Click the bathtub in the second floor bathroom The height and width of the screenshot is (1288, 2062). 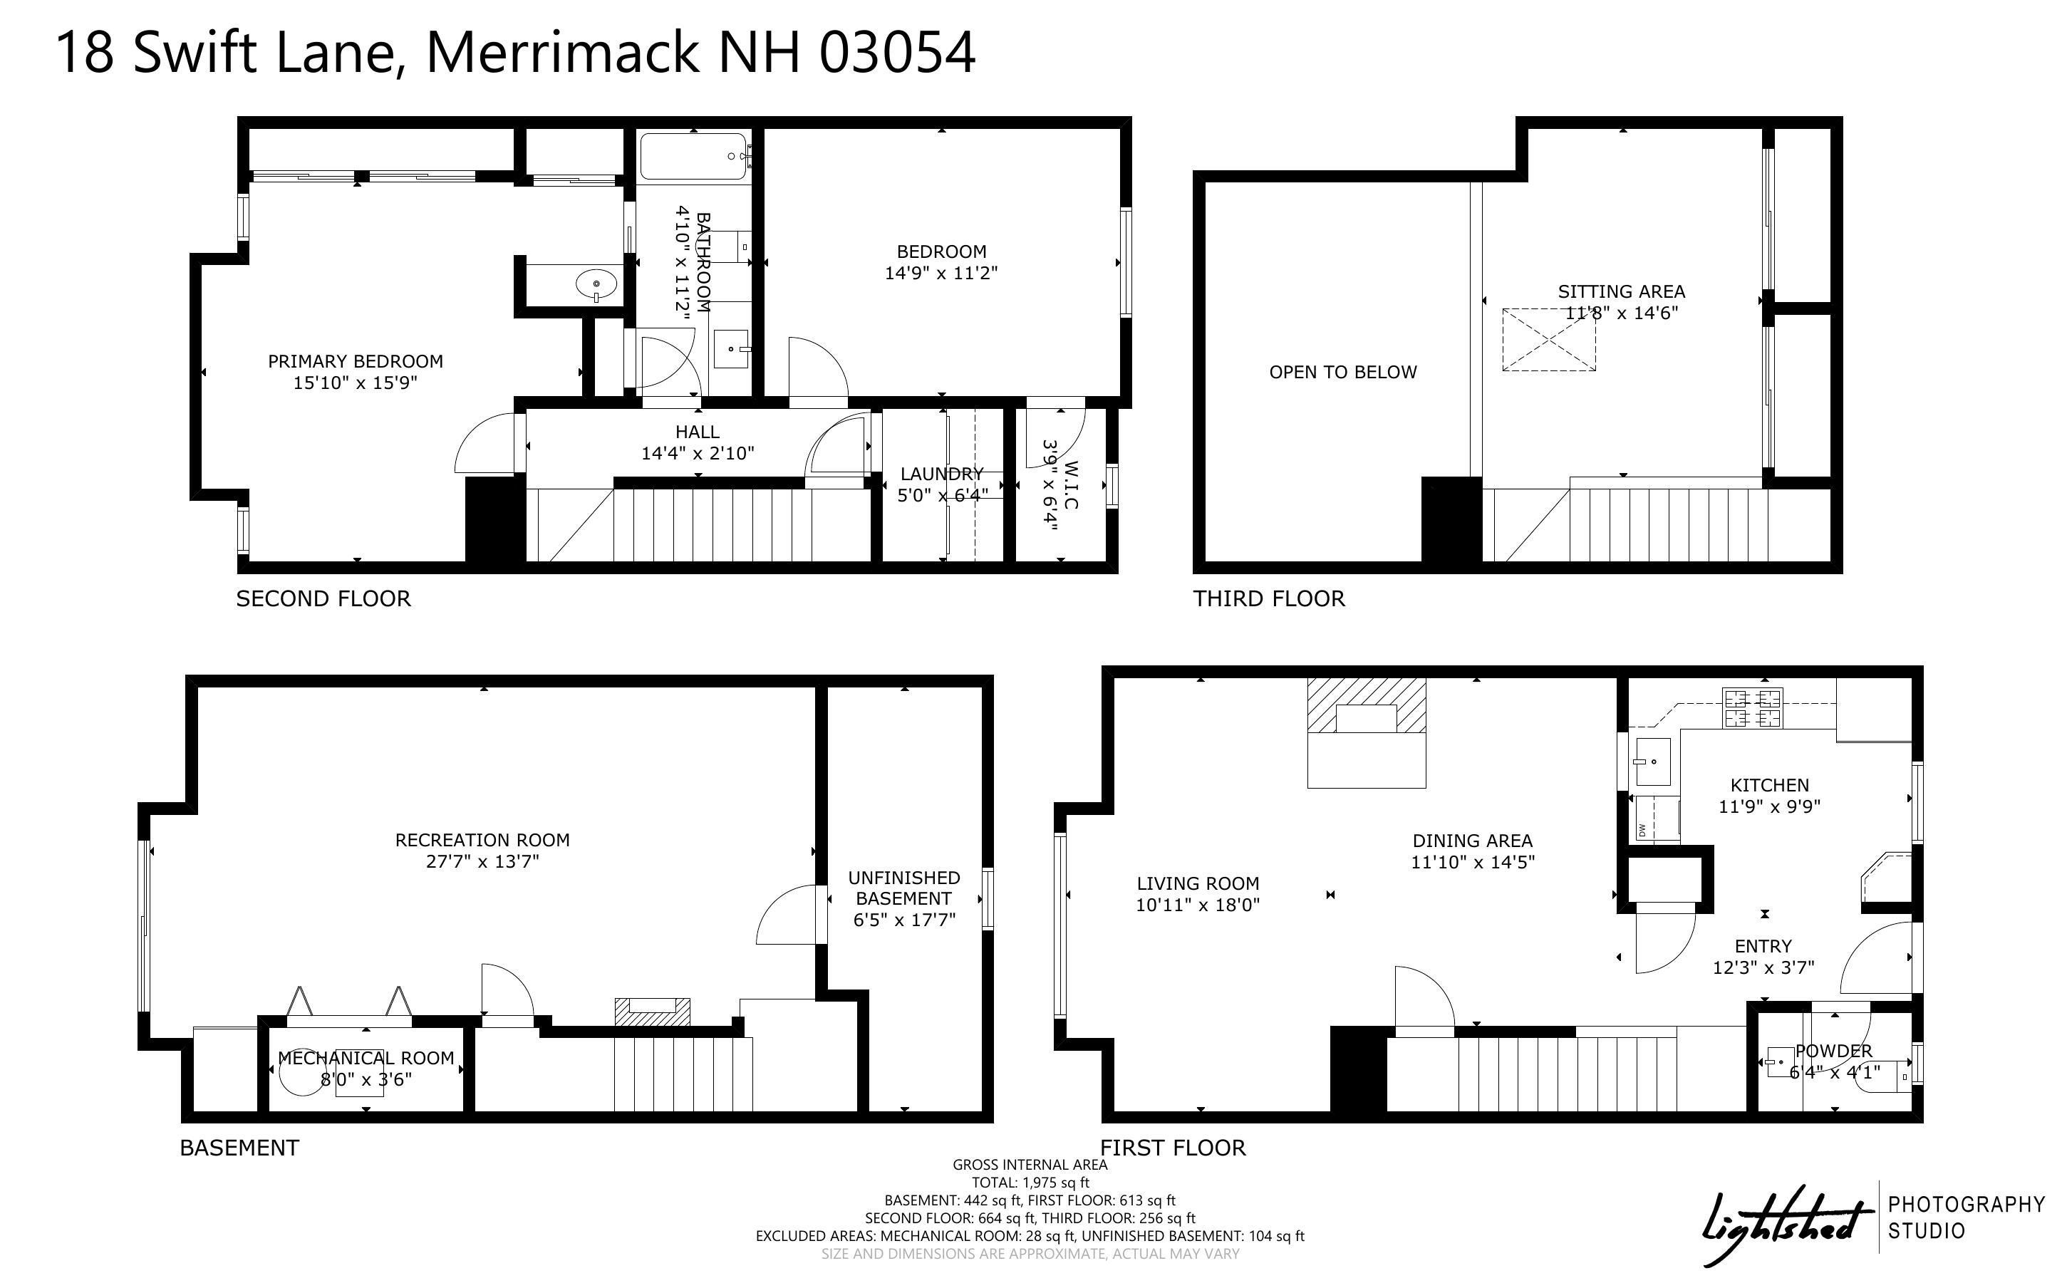[694, 156]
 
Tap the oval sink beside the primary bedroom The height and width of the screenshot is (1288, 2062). [596, 284]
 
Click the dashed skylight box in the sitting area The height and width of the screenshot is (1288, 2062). [1548, 340]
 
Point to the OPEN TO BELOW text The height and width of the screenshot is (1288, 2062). [1343, 373]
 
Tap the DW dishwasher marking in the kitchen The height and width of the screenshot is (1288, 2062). [1641, 829]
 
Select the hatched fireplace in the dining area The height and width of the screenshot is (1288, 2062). [1366, 705]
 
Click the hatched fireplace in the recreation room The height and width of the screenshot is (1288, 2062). [653, 1011]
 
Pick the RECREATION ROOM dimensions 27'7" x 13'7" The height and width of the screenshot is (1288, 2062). [483, 861]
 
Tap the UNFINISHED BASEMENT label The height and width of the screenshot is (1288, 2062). [903, 888]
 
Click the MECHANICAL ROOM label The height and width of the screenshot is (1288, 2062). [366, 1058]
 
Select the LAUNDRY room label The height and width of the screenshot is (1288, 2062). [942, 474]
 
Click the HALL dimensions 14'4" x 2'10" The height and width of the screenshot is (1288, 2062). [698, 453]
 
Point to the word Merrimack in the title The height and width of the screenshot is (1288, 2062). [561, 53]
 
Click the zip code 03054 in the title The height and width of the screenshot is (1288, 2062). [897, 53]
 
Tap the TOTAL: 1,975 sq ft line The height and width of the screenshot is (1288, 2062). [1030, 1183]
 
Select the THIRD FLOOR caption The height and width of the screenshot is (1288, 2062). [1269, 599]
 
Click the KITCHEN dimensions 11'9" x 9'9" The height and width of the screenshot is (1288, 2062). [1769, 806]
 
